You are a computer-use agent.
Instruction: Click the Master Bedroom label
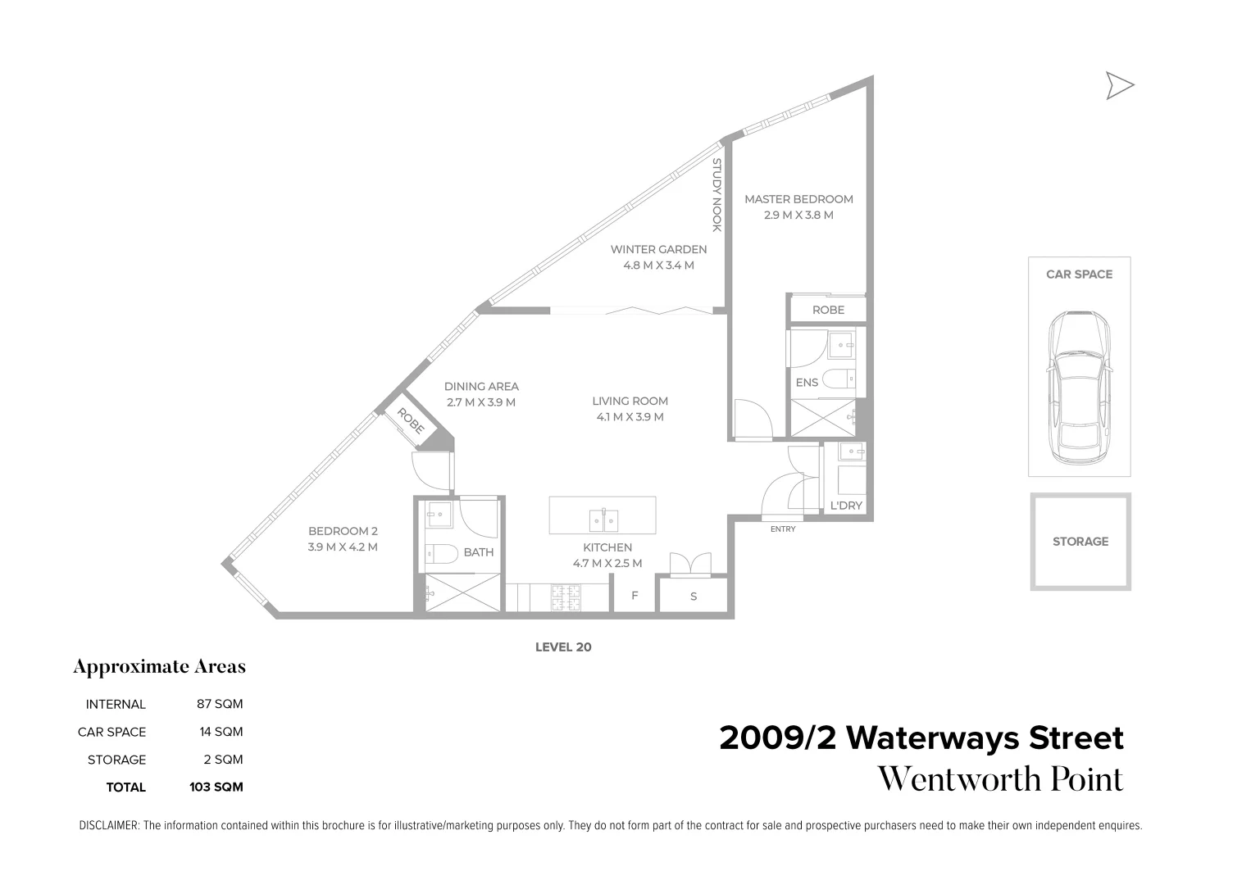click(x=798, y=199)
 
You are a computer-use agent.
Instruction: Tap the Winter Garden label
click(x=658, y=250)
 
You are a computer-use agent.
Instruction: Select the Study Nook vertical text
click(x=716, y=195)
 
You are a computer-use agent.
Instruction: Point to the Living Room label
click(x=630, y=402)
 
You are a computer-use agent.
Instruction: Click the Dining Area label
click(x=481, y=387)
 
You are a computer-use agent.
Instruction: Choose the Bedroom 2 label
click(x=343, y=531)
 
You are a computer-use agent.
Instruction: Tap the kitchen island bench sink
click(x=603, y=520)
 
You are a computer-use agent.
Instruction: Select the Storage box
click(x=1080, y=542)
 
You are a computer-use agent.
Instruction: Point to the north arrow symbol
click(x=1119, y=85)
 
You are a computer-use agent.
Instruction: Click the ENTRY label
click(x=783, y=529)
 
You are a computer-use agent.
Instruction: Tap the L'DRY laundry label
click(x=846, y=506)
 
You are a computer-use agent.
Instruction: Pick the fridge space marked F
click(x=635, y=596)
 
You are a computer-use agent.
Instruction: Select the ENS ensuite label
click(x=807, y=383)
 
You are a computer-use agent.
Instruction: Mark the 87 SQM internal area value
click(x=220, y=704)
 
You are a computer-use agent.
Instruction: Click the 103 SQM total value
click(x=216, y=787)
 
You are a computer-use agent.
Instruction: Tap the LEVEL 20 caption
click(x=563, y=647)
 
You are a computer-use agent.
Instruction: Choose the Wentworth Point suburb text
click(x=1000, y=779)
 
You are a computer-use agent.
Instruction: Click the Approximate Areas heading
click(x=160, y=667)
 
